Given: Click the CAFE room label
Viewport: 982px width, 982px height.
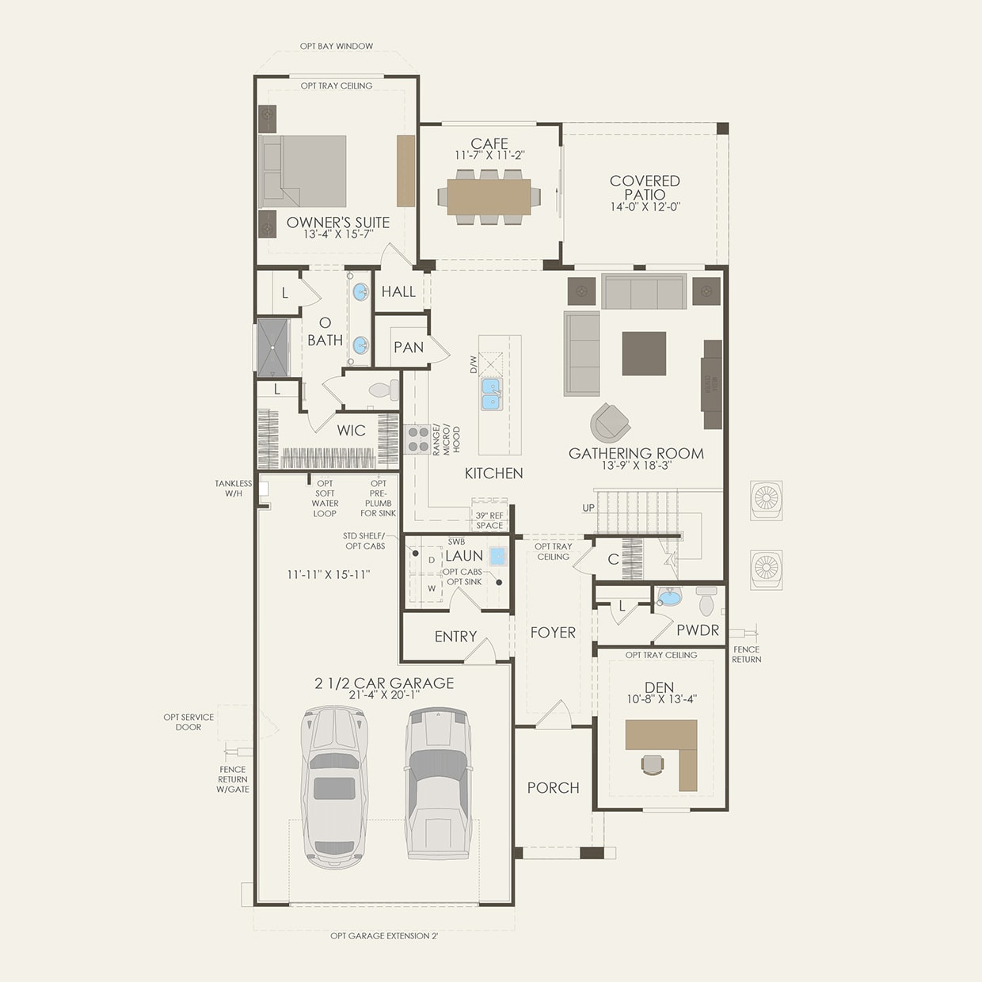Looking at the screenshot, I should [x=489, y=143].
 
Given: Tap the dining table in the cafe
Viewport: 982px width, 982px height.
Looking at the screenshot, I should [x=489, y=196].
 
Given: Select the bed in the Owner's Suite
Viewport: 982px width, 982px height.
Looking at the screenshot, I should [x=303, y=172].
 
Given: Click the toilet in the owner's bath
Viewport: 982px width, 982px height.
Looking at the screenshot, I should [x=384, y=390].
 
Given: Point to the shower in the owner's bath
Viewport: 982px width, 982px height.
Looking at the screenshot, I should [x=272, y=348].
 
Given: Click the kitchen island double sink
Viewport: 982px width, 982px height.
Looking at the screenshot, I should [x=492, y=394].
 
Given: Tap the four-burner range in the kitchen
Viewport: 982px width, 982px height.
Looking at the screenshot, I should [x=417, y=439].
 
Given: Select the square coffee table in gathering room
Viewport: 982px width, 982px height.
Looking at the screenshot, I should [x=643, y=353].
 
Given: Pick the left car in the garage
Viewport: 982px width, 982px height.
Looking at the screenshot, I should [x=334, y=786].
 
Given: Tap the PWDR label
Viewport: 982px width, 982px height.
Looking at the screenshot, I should [x=698, y=630].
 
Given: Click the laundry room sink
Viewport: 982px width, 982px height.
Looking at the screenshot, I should [x=497, y=556].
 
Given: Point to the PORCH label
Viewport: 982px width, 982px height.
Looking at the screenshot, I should [x=553, y=787].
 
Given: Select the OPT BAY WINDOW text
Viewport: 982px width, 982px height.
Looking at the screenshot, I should [x=337, y=46].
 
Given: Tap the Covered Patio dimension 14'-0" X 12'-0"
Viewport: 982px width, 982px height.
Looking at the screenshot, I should [x=645, y=207].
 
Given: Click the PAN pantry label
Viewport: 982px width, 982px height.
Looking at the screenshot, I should [x=409, y=347].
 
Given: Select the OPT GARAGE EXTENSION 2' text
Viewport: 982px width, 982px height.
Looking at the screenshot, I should [x=384, y=936].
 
